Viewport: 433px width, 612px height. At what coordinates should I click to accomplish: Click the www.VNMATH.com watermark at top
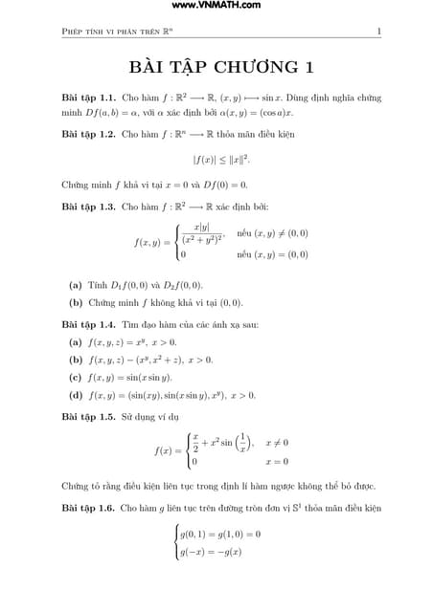pos(216,7)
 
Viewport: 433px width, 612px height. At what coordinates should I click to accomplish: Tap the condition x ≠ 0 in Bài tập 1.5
pos(277,443)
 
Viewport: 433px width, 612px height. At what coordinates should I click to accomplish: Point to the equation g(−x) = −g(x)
pos(211,552)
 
